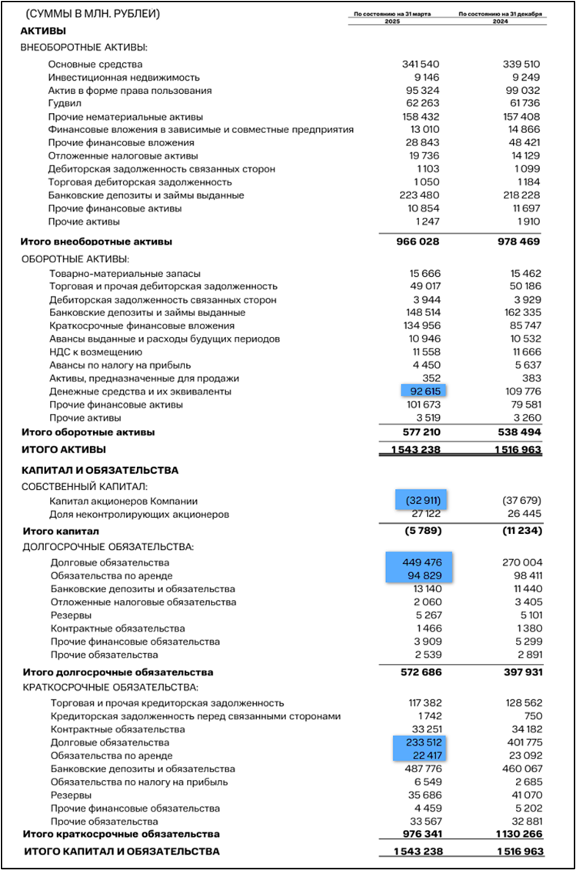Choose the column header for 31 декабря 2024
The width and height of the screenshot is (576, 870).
(501, 17)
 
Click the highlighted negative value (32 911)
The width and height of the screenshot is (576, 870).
(424, 501)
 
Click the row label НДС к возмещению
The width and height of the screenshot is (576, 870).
(96, 352)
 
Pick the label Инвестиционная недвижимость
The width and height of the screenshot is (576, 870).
(124, 78)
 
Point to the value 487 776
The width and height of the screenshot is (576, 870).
(423, 768)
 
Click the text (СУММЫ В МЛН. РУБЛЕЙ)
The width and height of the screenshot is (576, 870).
(94, 15)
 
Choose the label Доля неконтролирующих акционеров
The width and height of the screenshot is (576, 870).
(139, 514)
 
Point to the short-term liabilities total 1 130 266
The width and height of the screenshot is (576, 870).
(510, 834)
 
